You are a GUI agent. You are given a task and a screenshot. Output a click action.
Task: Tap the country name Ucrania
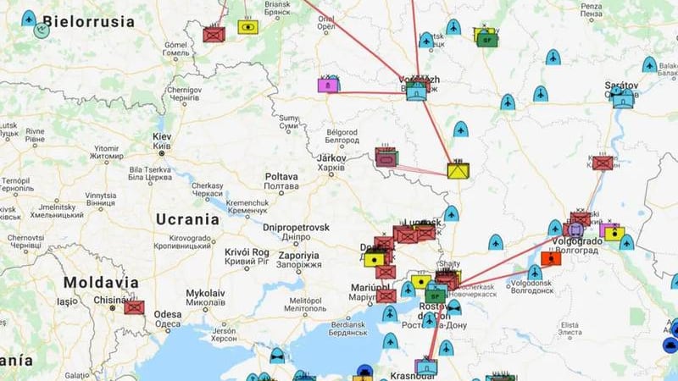[187, 218]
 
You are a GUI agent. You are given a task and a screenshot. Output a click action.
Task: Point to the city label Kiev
[161, 137]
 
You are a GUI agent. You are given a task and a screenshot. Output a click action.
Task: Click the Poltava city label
[281, 176]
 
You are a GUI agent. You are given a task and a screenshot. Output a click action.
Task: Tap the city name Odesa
[168, 314]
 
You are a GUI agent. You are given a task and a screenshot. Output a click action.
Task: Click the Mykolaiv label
[205, 293]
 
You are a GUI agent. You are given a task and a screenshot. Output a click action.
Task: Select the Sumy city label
[289, 118]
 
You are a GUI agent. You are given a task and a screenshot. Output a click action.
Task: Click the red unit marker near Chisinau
[134, 306]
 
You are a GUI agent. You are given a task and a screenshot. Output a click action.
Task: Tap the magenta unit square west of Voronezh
[328, 86]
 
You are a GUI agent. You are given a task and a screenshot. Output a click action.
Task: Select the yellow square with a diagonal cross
[458, 170]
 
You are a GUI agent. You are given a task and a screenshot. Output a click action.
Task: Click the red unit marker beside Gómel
[213, 35]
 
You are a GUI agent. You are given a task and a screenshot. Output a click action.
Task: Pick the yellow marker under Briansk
[248, 26]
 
